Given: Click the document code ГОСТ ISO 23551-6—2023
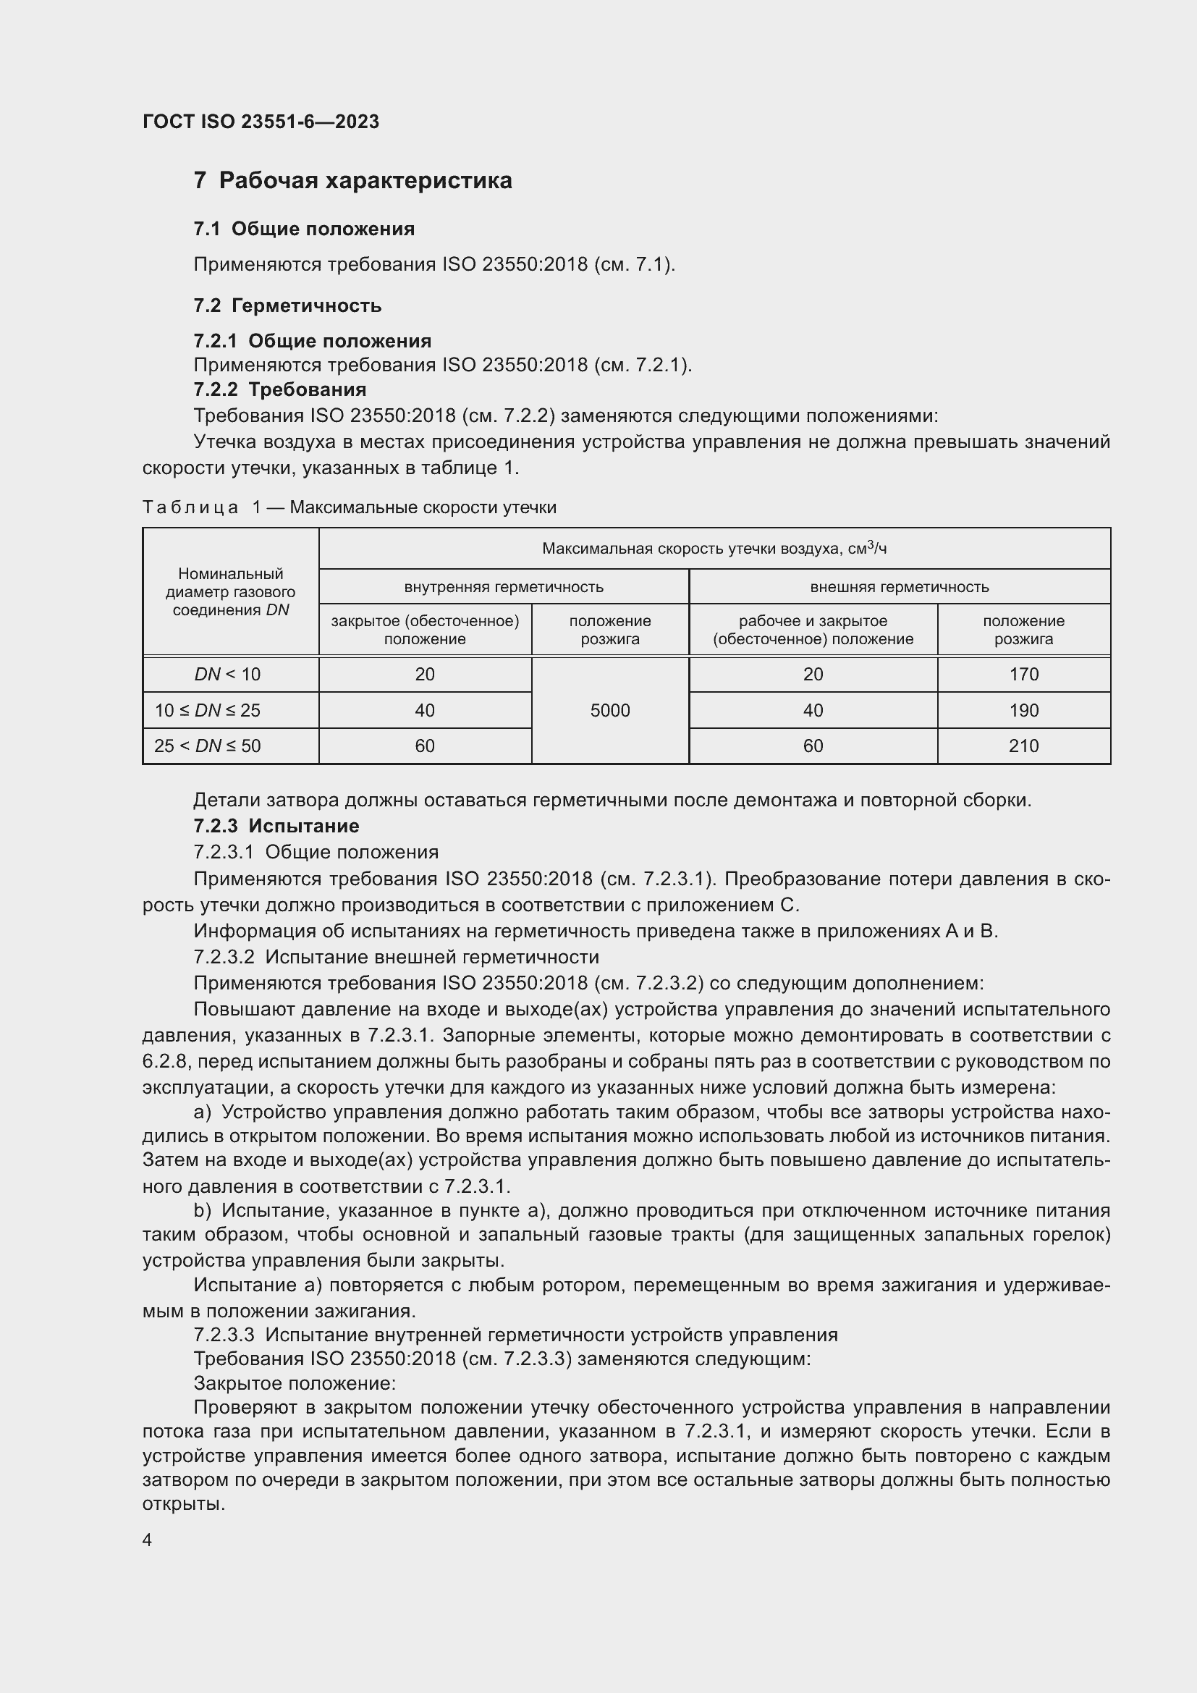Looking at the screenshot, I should coord(261,122).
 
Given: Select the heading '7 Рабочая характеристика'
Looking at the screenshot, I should coord(352,181).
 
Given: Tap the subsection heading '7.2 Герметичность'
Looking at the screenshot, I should coord(287,305).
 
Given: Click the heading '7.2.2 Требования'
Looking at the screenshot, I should coord(279,389).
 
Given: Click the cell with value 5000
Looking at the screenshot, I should coord(609,710).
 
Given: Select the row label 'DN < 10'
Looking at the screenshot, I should coord(227,674).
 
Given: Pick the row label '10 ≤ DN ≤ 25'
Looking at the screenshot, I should coord(207,710).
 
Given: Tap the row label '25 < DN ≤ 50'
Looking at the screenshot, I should coord(207,746).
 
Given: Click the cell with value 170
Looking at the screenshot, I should coord(1023,674).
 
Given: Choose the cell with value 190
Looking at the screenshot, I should coord(1023,710).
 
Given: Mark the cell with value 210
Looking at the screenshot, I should coord(1023,746).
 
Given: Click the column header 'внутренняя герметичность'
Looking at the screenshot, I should coord(504,587).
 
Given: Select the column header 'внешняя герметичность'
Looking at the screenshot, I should coord(899,587).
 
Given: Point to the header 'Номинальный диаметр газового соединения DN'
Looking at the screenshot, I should coord(230,591).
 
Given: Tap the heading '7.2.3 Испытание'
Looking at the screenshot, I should coord(276,826).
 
